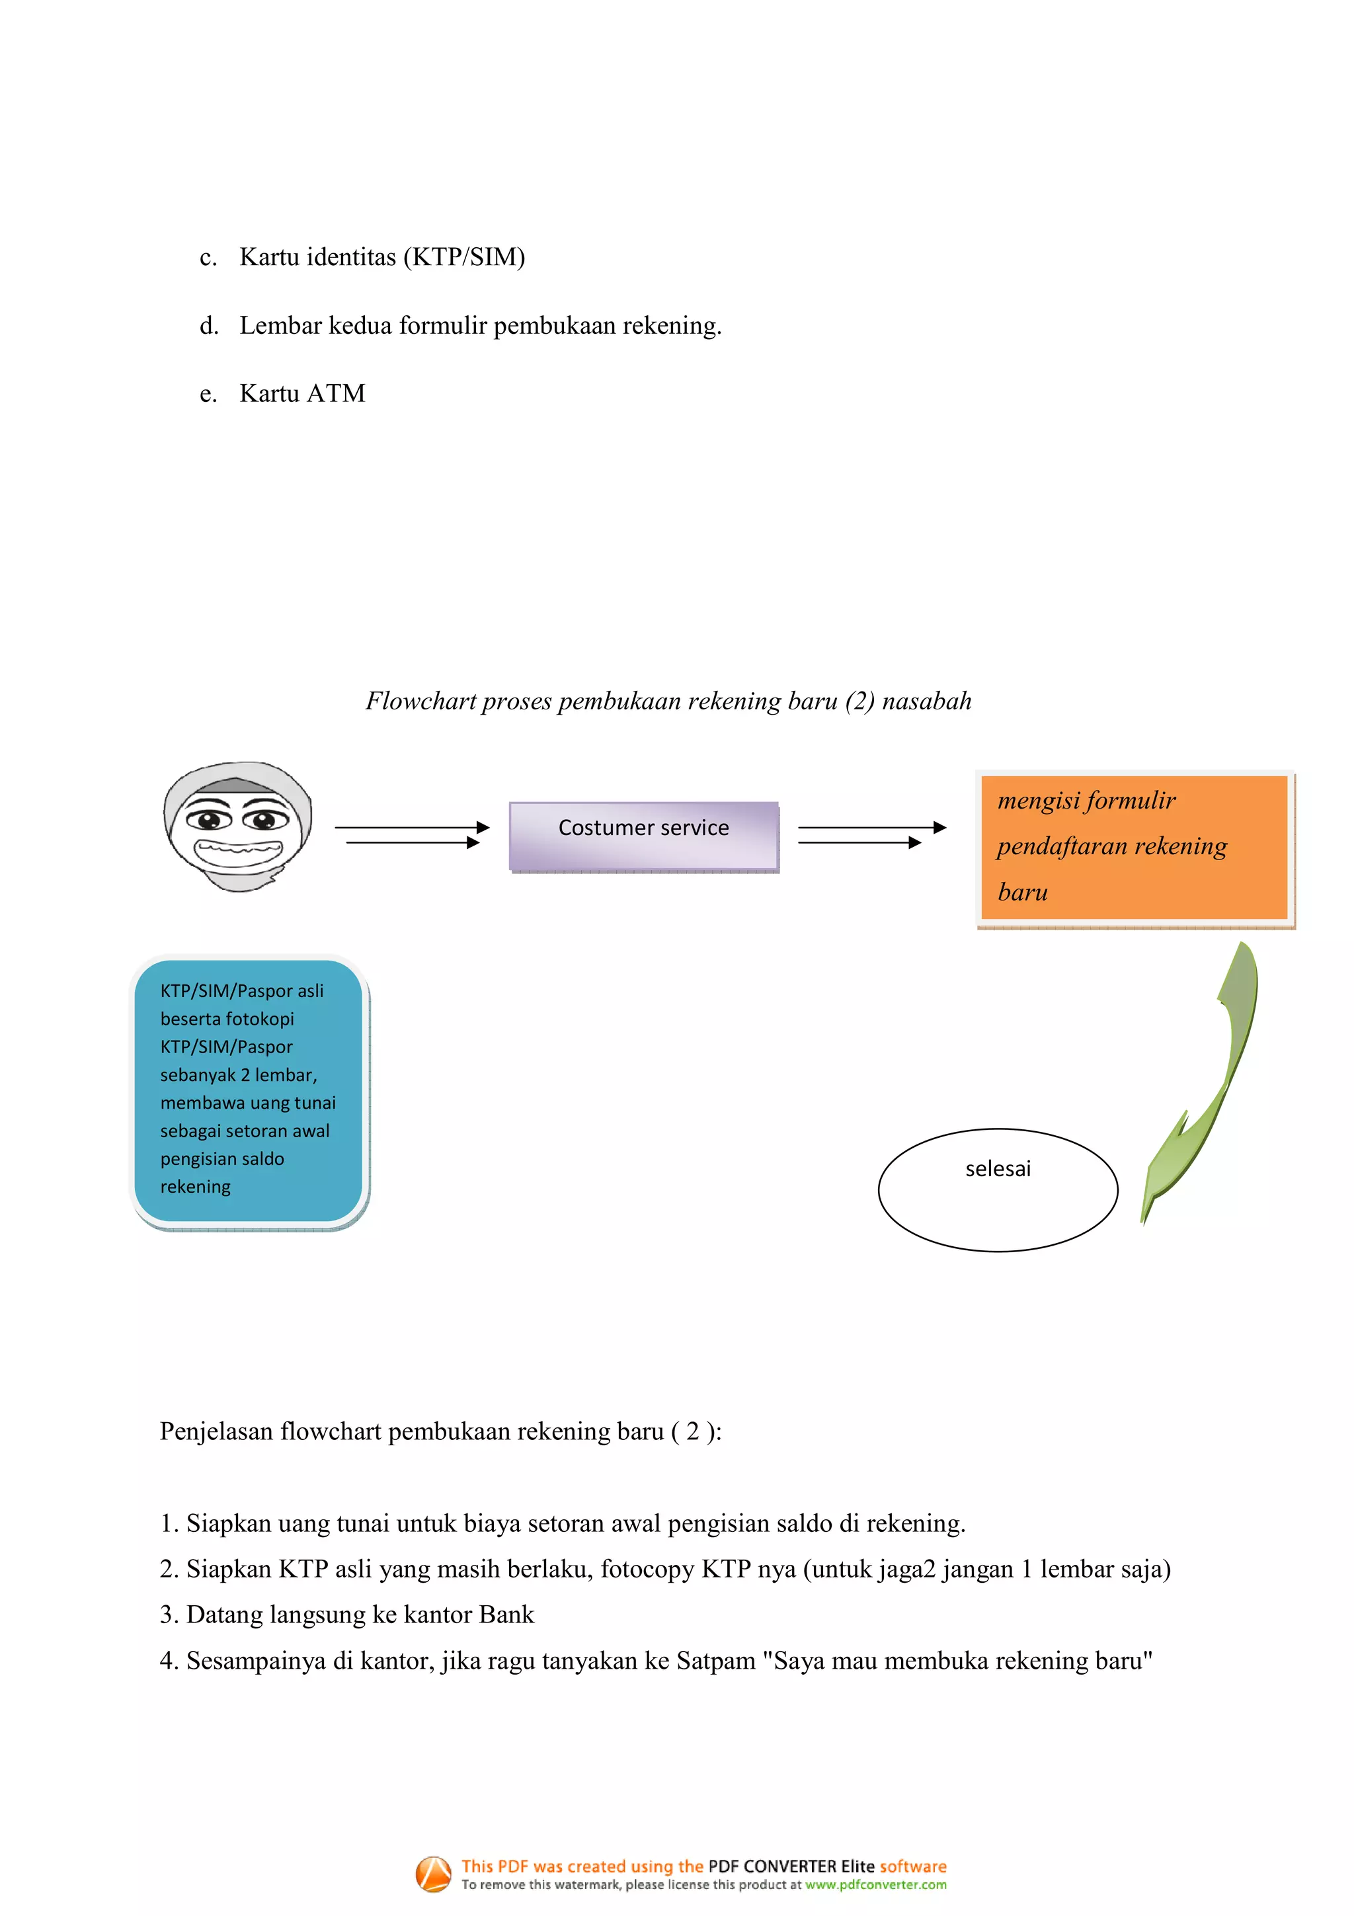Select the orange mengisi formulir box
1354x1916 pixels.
click(1133, 847)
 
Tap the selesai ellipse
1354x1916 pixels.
click(997, 1189)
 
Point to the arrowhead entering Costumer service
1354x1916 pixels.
click(482, 828)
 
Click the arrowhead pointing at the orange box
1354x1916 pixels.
click(939, 828)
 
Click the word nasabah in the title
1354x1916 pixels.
click(926, 701)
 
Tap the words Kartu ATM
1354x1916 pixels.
click(302, 393)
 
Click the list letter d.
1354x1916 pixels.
click(208, 325)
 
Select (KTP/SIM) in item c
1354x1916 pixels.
click(464, 257)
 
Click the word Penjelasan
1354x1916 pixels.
click(216, 1432)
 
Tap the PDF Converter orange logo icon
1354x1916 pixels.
click(433, 1874)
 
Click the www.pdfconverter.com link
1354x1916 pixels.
click(875, 1885)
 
